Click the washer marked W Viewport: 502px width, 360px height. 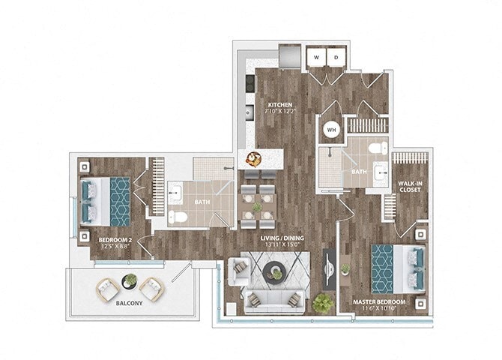click(x=315, y=57)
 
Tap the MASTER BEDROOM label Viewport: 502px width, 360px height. click(x=379, y=302)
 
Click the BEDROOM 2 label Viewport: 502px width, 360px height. click(x=115, y=239)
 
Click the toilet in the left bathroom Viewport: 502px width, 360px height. click(x=178, y=217)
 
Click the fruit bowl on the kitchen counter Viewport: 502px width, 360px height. click(x=254, y=158)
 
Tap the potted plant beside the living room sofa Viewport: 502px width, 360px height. click(x=323, y=301)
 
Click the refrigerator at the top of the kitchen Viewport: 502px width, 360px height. click(x=288, y=56)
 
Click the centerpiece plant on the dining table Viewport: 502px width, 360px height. click(x=257, y=207)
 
